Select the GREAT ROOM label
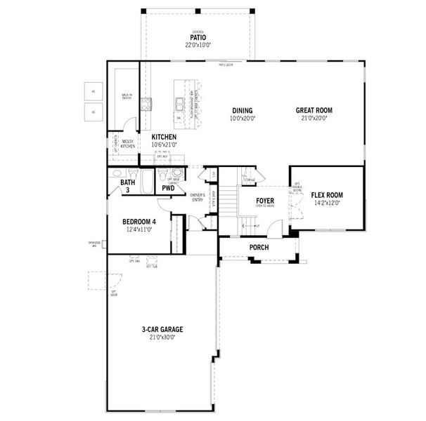[314, 110]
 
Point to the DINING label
[243, 110]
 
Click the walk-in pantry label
[128, 96]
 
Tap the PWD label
[168, 188]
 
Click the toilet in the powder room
[162, 175]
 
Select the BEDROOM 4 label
[138, 222]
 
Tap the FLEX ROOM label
[328, 195]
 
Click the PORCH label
[259, 247]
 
